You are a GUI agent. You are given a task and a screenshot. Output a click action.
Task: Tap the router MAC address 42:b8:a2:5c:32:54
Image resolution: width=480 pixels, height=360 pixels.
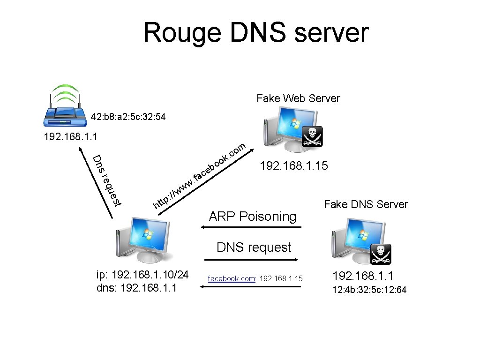coord(128,116)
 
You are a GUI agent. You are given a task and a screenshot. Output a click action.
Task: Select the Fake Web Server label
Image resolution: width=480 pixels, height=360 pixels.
coord(298,98)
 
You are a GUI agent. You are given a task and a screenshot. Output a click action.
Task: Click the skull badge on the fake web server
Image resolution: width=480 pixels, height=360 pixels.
coord(311,136)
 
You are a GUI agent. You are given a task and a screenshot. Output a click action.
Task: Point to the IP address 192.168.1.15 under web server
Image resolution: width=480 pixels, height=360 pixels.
coord(294,166)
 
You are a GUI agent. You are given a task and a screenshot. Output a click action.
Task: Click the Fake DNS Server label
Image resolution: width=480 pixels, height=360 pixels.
coord(366,204)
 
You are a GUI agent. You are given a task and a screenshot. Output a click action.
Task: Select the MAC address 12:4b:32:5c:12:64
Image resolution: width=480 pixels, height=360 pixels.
coord(369,290)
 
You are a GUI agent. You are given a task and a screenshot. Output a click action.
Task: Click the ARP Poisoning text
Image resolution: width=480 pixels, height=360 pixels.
coord(253,217)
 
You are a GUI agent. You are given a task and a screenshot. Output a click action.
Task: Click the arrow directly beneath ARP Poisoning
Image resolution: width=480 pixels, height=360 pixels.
coord(250,227)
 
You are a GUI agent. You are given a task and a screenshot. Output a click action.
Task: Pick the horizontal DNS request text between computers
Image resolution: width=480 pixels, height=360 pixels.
coord(254,247)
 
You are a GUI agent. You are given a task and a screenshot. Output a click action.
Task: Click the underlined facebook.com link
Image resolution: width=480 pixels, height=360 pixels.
coord(232,279)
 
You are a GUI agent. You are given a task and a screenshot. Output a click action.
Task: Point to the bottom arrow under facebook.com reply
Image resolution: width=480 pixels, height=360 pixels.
coord(250,286)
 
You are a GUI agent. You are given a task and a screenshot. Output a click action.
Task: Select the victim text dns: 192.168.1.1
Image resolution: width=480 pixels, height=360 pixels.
coord(136,288)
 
